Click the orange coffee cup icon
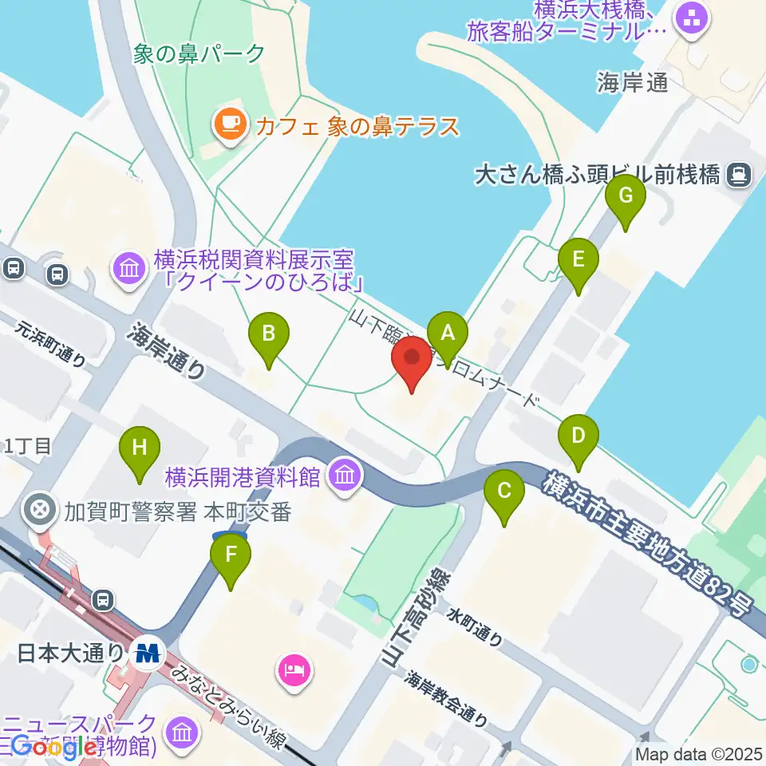(x=230, y=124)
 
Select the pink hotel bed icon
(x=293, y=669)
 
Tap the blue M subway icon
(x=148, y=653)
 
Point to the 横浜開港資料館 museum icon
(x=345, y=477)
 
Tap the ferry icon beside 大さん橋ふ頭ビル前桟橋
(x=740, y=174)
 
